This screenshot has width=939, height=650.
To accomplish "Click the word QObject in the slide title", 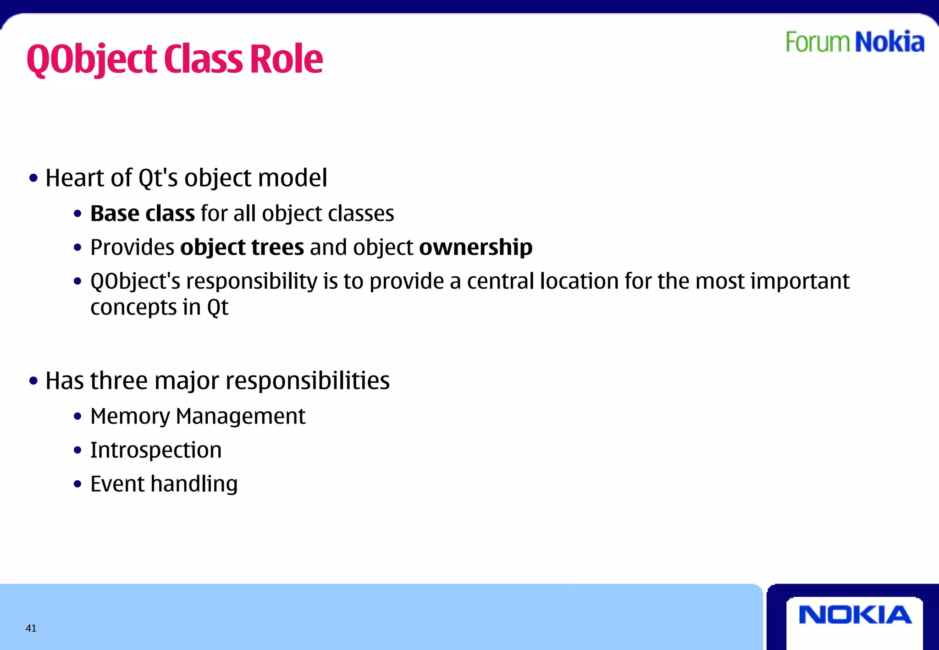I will [92, 60].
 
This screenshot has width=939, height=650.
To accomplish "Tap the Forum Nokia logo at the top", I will [855, 42].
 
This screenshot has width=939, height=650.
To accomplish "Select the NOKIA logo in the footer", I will [855, 615].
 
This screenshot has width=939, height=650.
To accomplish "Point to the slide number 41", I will [31, 628].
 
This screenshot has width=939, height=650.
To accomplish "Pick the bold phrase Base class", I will [142, 214].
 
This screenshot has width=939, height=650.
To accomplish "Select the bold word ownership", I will [475, 248].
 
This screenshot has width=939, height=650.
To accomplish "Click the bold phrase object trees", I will [242, 248].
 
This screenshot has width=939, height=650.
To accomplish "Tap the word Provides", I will [132, 248].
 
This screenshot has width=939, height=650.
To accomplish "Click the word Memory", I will [130, 417].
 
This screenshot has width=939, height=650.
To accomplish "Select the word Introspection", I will [156, 450].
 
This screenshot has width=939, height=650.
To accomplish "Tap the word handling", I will [194, 484].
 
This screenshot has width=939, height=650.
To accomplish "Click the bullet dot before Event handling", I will [77, 484].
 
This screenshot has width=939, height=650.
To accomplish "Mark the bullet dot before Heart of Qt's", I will [33, 178].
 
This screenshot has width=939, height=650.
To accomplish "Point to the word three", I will [119, 381].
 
